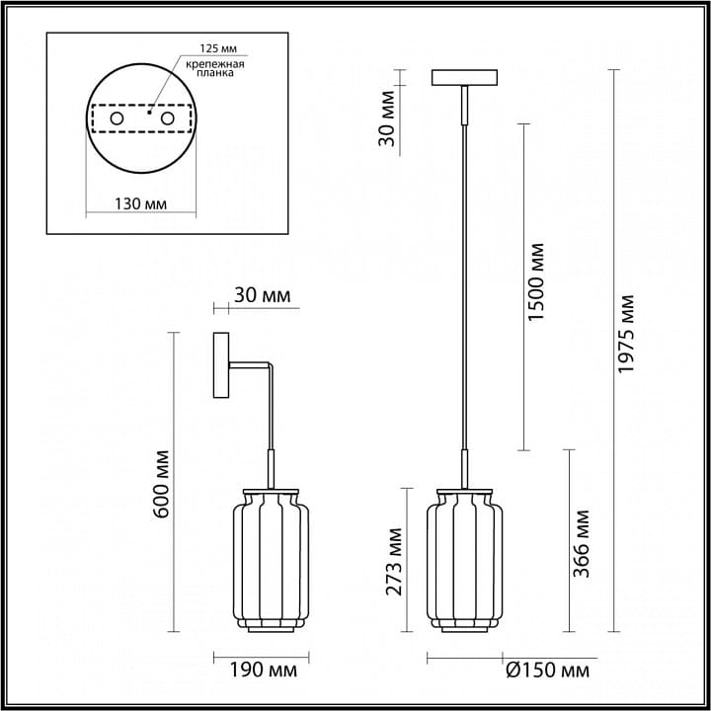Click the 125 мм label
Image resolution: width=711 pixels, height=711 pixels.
click(218, 48)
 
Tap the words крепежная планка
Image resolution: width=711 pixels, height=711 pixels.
click(215, 68)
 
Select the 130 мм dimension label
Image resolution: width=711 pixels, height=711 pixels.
click(140, 203)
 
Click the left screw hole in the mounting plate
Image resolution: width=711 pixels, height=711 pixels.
click(117, 118)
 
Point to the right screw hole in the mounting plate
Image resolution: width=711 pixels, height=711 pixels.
click(167, 118)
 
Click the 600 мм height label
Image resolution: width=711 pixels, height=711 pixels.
click(161, 484)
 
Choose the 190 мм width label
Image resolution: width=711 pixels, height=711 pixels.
click(264, 670)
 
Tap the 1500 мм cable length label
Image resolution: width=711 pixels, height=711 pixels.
click(537, 282)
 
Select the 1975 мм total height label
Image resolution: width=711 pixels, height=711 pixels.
click(626, 334)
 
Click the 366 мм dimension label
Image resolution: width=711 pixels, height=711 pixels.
click(582, 544)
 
